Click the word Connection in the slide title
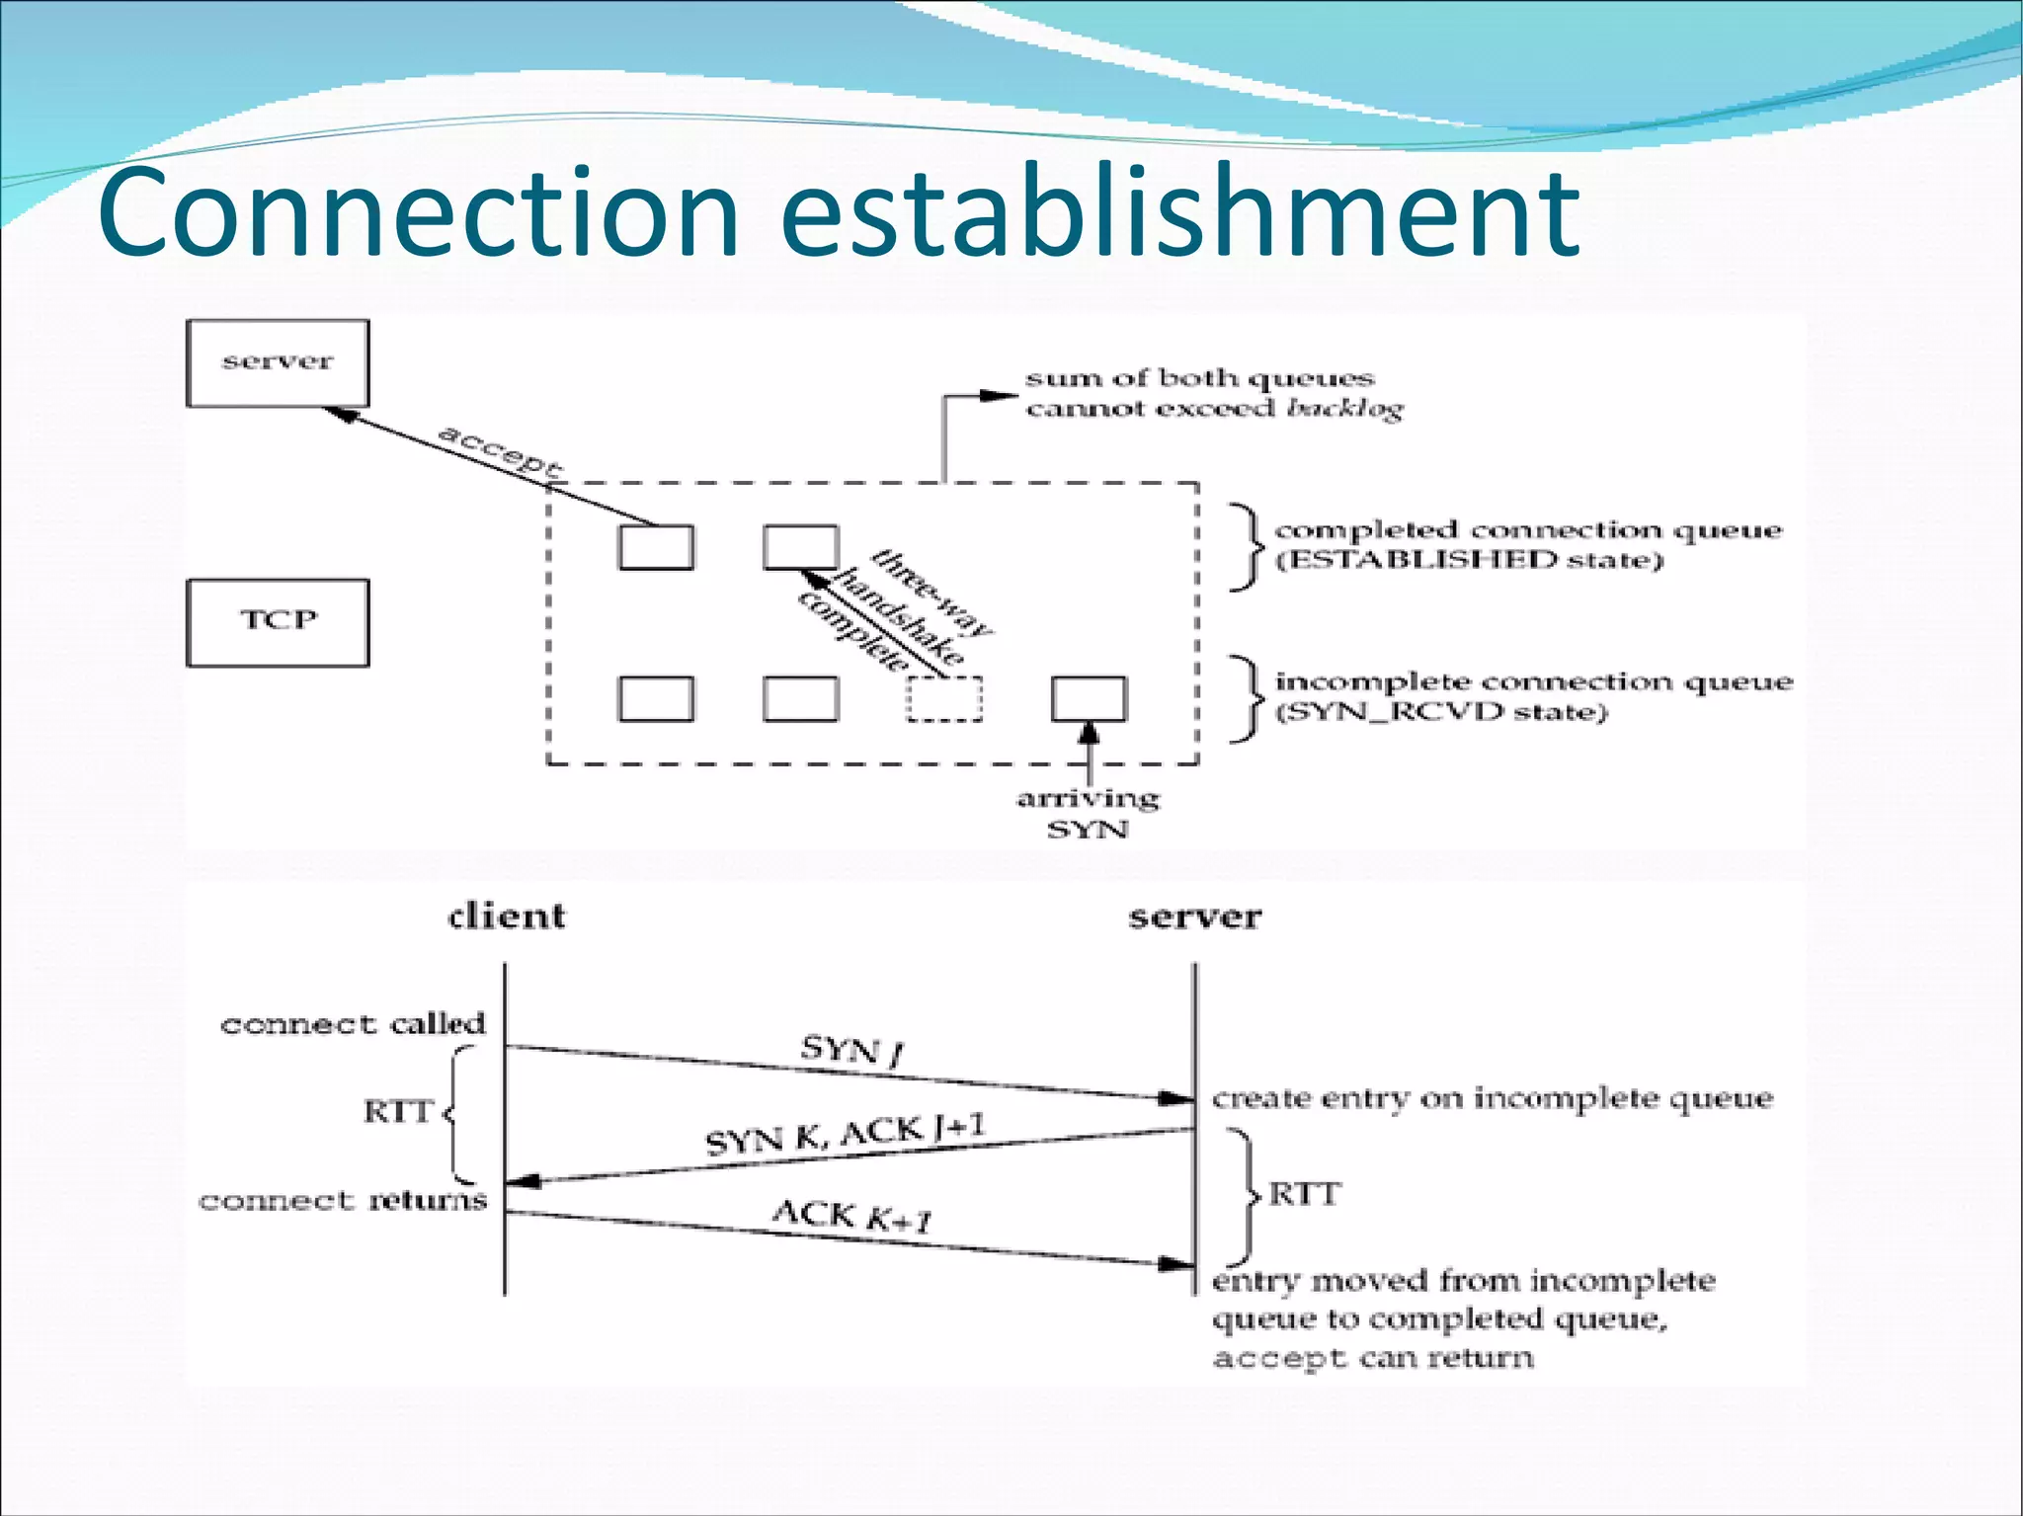(419, 212)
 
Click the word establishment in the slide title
(1180, 212)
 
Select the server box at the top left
(278, 362)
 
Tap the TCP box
(278, 622)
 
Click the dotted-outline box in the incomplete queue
(944, 699)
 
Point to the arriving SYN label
(1088, 813)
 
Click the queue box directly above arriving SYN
(1088, 699)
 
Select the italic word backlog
(1344, 409)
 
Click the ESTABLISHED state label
(1469, 561)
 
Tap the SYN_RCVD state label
(1441, 712)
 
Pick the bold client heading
(507, 917)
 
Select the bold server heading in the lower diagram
(1194, 917)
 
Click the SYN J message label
(851, 1050)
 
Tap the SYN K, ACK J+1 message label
(845, 1134)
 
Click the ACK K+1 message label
(851, 1217)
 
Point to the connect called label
(353, 1024)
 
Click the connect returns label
(343, 1201)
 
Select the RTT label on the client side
(398, 1112)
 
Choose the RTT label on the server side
(1304, 1195)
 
